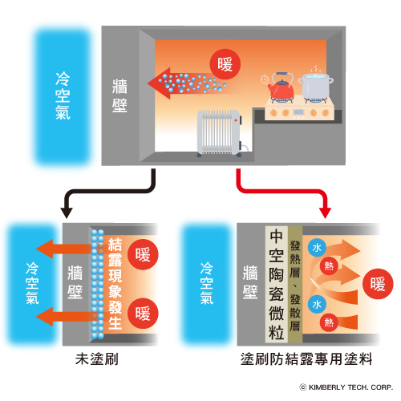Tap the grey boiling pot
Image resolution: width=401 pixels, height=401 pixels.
pos(315,86)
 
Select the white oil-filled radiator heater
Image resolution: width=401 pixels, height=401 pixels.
pos(220,133)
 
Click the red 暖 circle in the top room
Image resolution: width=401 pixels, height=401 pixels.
pos(225,64)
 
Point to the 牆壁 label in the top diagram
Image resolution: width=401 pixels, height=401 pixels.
pos(119,95)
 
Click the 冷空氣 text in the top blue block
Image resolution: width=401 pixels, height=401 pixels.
pos(63,95)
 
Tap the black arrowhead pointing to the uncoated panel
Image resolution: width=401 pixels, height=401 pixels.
pos(67,213)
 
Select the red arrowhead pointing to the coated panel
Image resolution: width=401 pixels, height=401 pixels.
pos(325,213)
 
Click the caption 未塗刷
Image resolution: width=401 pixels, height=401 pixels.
pos(97,359)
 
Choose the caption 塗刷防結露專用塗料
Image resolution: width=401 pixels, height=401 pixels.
pos(306,359)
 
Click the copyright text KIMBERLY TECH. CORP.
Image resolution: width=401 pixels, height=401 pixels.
pos(346,387)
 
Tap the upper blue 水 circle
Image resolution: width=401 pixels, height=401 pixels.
pos(317,248)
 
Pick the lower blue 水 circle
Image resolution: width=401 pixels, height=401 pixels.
pos(317,304)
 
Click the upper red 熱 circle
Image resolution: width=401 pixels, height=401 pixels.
pos(329,266)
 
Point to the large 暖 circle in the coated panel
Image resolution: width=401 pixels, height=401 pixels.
pos(378,284)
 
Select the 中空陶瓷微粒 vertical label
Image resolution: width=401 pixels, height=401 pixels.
pos(276,284)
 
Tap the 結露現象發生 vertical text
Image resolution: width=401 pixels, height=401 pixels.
pos(115,284)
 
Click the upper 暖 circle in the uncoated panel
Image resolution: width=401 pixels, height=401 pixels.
pos(143,254)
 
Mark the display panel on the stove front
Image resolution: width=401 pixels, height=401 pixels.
pos(298,111)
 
